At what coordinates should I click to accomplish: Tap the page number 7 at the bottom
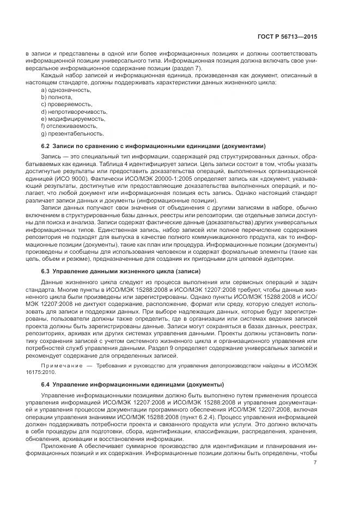point(315,463)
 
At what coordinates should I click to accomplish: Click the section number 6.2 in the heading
point(46,146)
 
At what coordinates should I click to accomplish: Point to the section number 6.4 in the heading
point(46,385)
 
